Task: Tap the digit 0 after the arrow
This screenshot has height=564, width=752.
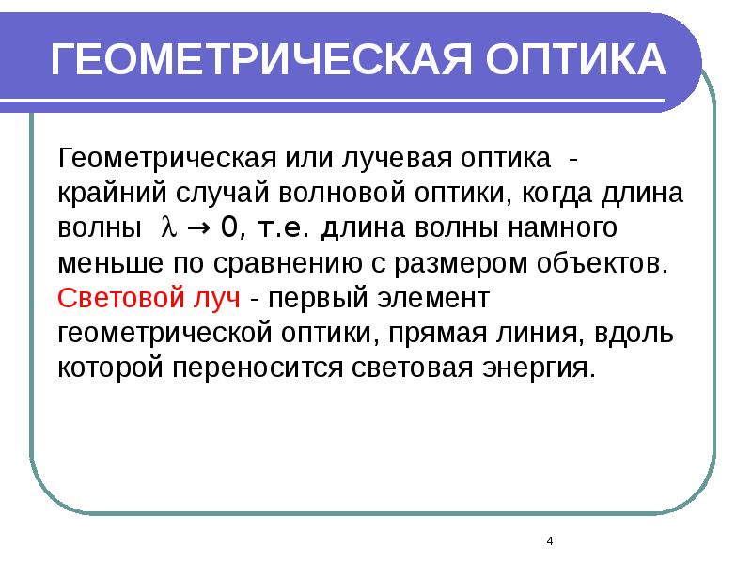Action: [x=228, y=227]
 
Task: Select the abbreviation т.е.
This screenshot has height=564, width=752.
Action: [x=281, y=227]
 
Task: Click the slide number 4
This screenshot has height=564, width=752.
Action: [x=549, y=542]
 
